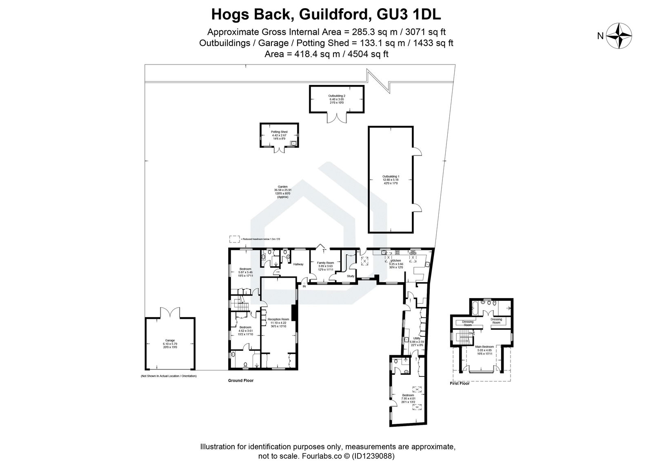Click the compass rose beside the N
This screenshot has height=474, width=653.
[619, 36]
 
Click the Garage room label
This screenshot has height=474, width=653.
[169, 340]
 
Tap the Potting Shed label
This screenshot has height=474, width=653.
[280, 132]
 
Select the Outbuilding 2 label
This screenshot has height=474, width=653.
[337, 96]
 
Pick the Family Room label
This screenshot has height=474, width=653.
[326, 263]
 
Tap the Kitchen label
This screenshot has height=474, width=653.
[396, 260]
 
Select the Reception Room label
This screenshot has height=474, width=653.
[278, 319]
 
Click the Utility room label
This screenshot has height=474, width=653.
[417, 338]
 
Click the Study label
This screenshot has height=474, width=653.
[351, 276]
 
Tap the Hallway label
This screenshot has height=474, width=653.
[298, 265]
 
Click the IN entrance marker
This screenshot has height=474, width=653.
[304, 286]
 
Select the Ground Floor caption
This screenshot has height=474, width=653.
[240, 381]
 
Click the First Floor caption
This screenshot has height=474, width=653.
[459, 383]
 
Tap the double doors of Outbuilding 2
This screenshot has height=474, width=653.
[337, 118]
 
